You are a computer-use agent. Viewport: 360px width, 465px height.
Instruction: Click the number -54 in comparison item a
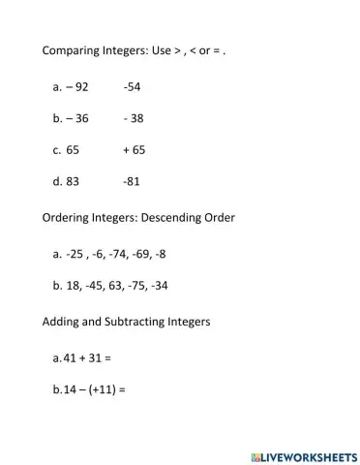[133, 86]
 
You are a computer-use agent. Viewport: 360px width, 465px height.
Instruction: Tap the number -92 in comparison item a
[77, 86]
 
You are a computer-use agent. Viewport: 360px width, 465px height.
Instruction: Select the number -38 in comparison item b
[134, 118]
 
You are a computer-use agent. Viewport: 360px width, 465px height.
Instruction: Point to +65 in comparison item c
[134, 150]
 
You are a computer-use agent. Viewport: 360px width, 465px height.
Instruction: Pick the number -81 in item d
[133, 181]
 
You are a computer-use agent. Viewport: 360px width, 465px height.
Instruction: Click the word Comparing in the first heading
[73, 49]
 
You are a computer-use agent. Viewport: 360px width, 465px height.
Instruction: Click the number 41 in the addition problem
[69, 357]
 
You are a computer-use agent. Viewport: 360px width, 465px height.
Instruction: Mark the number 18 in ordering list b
[74, 286]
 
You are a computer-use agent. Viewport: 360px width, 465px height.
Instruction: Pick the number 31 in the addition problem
[95, 357]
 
